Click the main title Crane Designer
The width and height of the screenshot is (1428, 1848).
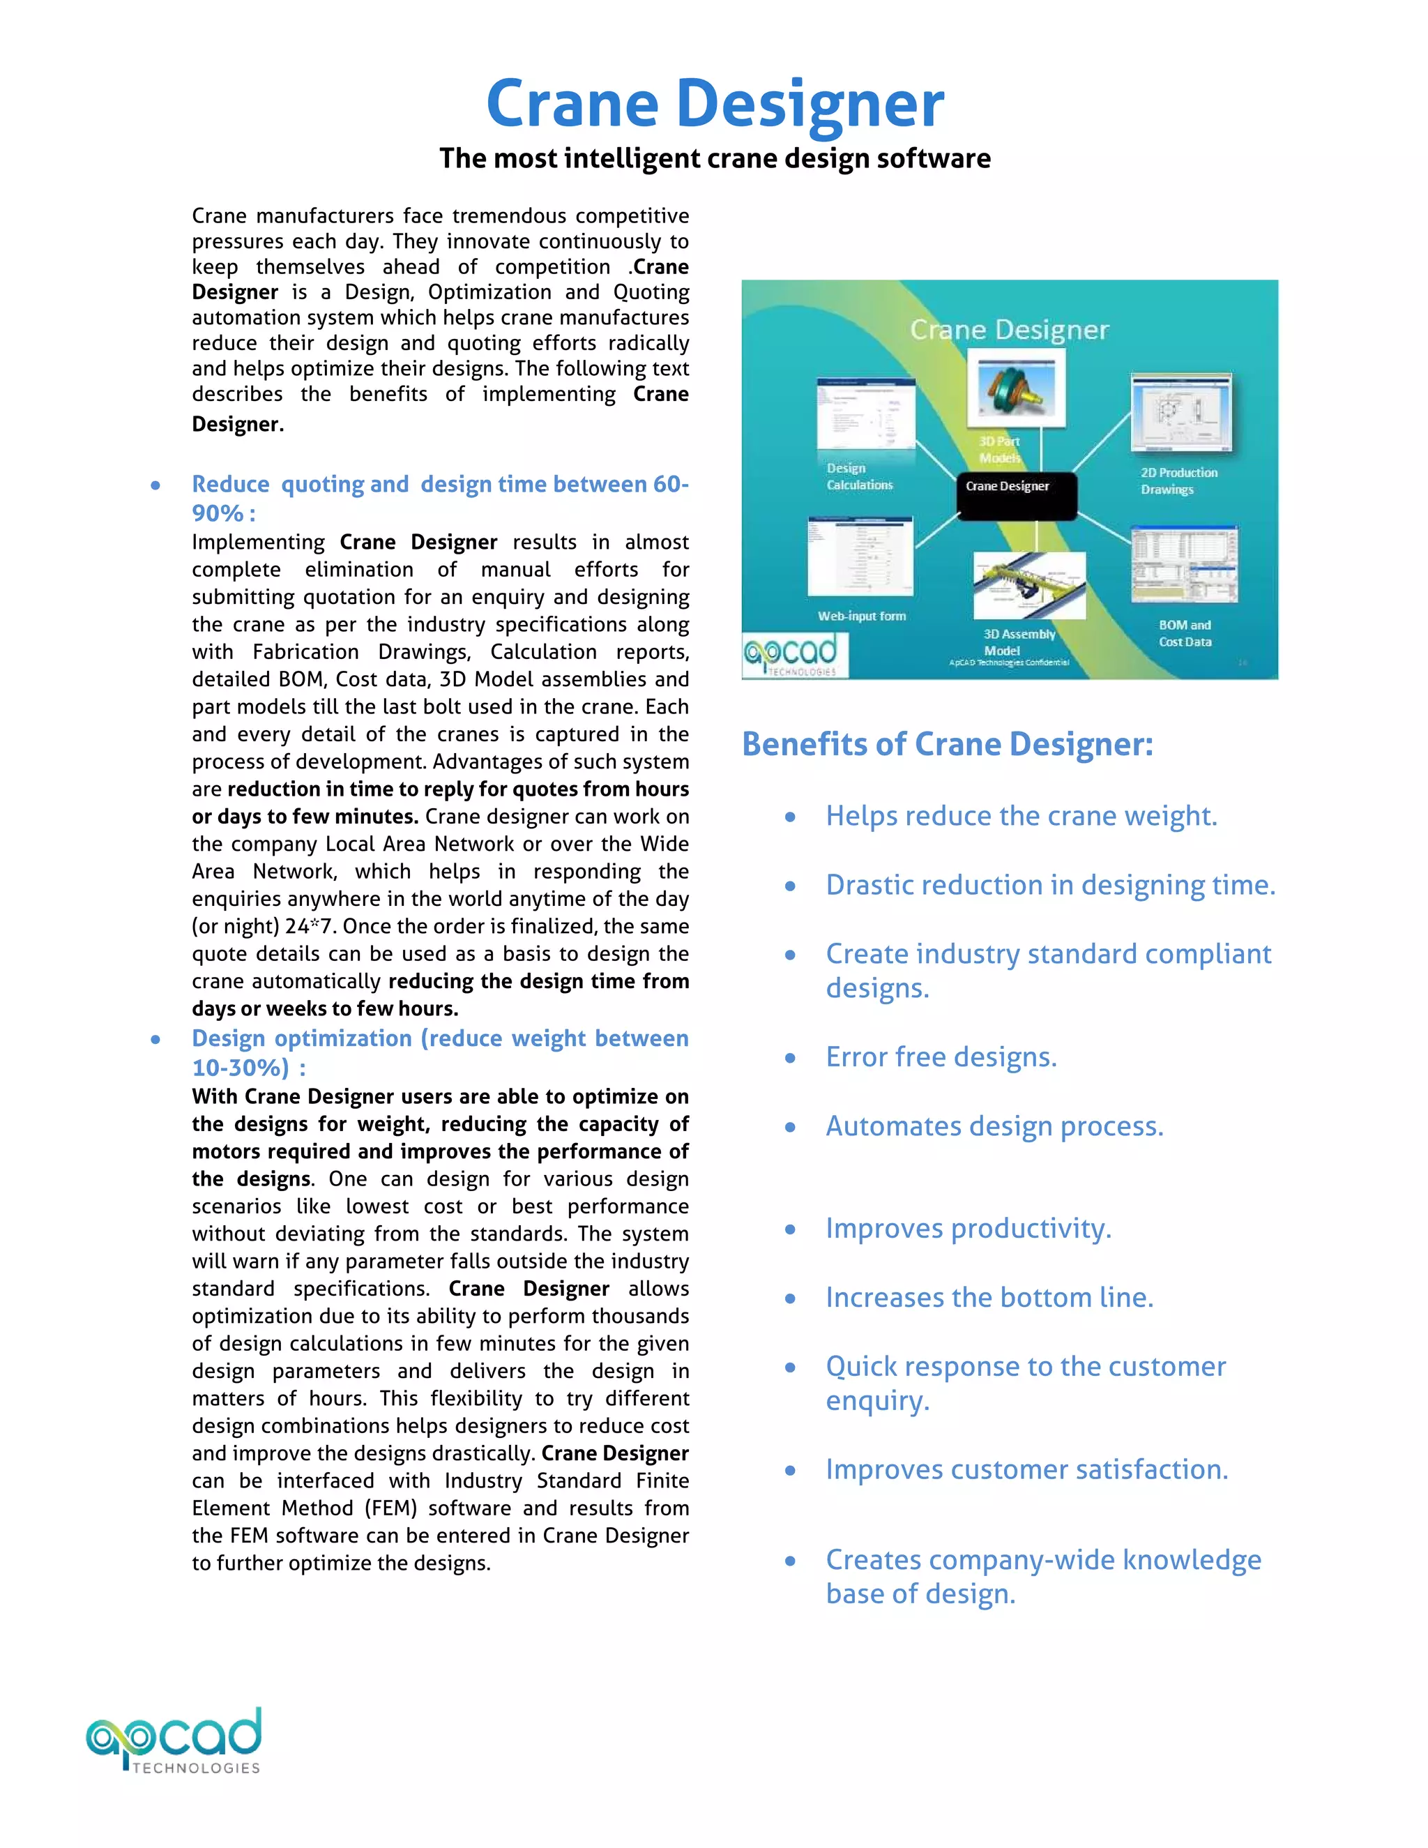point(715,103)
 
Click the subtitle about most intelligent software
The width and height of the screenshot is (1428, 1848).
point(715,158)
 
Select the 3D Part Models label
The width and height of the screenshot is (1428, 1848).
point(1000,449)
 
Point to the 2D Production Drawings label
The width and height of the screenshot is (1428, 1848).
point(1178,480)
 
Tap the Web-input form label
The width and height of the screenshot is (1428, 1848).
point(861,616)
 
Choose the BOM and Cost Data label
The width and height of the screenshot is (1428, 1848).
point(1185,633)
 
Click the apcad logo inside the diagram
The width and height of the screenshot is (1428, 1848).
point(793,656)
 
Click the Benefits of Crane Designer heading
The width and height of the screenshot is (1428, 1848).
point(947,744)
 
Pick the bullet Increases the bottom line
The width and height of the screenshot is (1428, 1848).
point(989,1297)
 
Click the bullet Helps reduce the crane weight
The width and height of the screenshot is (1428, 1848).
point(1021,816)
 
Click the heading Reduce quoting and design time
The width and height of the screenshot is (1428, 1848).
point(440,485)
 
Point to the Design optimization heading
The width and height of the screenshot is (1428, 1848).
point(440,1039)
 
